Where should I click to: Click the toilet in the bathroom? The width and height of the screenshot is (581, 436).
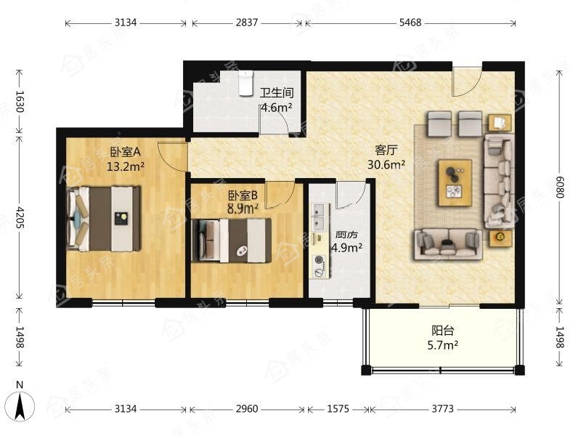coord(245,84)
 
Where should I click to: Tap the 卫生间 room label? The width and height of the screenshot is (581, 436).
coord(277,93)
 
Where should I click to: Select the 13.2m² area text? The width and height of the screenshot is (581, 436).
coord(126,166)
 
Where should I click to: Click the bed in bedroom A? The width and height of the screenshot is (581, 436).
coord(103,219)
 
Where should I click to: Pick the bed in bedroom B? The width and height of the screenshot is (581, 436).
coord(232,241)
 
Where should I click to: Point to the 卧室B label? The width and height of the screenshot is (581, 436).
coord(243,195)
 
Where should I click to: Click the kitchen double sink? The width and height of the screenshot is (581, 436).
coord(319,217)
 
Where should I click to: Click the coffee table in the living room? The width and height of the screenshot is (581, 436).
coord(455,183)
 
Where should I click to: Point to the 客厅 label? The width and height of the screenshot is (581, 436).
coord(386,150)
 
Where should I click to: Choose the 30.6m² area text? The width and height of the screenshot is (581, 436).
coord(386,164)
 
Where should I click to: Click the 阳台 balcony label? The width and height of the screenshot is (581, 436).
coord(442,331)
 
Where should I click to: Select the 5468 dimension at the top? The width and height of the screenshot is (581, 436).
coord(410,23)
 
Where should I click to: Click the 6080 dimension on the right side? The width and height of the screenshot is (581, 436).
coord(559,187)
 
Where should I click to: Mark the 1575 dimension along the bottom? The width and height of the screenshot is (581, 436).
coord(338,409)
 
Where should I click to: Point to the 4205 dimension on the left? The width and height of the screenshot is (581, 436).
coord(20,217)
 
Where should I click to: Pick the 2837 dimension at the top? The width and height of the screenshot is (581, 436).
coord(247,23)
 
